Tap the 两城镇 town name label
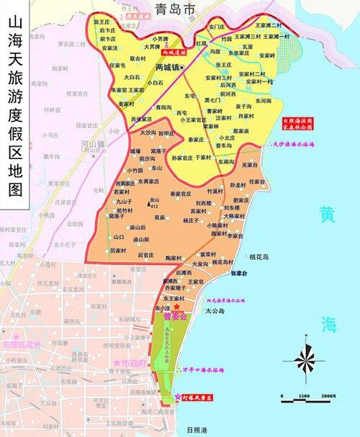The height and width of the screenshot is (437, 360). pyautogui.click(x=164, y=68)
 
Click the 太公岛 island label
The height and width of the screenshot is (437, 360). pyautogui.click(x=215, y=311)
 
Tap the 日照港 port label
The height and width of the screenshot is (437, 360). pyautogui.click(x=195, y=430)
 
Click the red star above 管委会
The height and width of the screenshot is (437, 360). pyautogui.click(x=176, y=307)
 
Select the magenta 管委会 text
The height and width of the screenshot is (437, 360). pyautogui.click(x=176, y=316)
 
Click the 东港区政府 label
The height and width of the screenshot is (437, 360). pyautogui.click(x=22, y=345)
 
